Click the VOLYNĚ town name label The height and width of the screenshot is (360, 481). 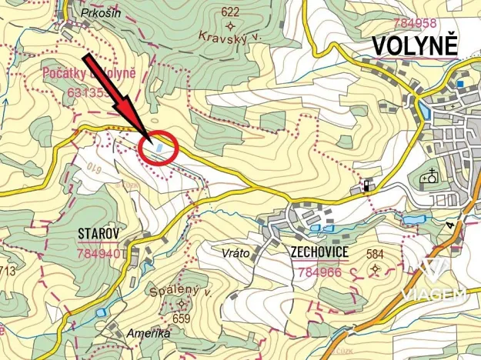point(415,46)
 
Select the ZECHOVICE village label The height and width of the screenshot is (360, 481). point(319,253)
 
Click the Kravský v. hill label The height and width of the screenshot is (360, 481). point(225,35)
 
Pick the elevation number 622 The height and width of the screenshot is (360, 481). point(229,12)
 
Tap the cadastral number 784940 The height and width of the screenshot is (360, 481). point(99,252)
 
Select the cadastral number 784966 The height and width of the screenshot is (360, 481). point(319,272)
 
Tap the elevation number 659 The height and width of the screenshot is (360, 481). point(182,318)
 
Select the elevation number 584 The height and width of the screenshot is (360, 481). point(376,254)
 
